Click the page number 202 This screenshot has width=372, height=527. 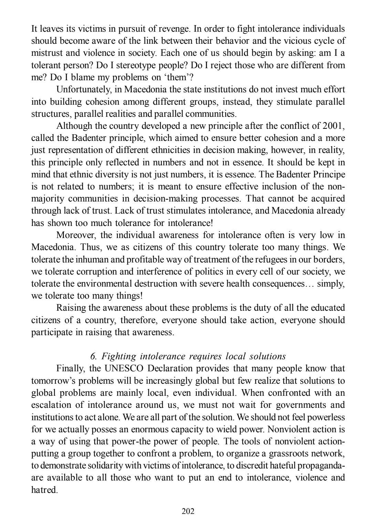click(x=188, y=511)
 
